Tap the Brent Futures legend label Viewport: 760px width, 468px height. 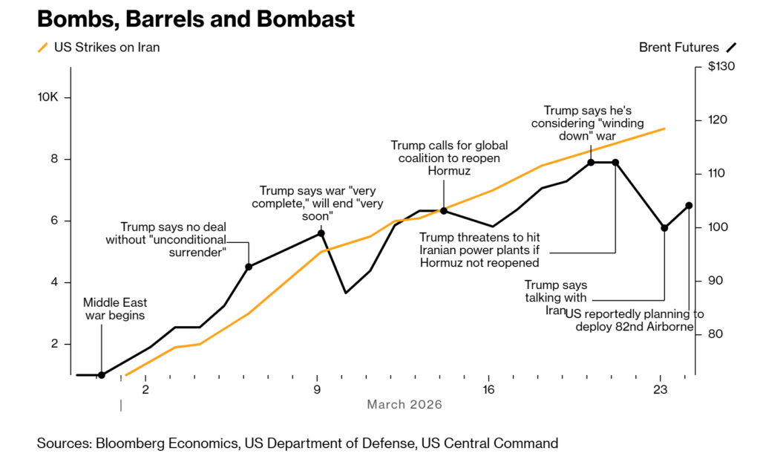(x=678, y=48)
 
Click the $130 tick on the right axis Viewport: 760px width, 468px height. (x=721, y=67)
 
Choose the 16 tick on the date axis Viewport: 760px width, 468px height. (x=488, y=389)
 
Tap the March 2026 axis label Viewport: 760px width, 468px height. (x=404, y=404)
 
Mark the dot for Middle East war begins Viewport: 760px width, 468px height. (x=102, y=375)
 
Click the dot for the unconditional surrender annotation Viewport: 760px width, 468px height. (x=249, y=267)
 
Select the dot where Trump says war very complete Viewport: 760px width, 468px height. (x=321, y=233)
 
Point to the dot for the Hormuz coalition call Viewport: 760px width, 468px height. (x=444, y=211)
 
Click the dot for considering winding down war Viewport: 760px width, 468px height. (x=591, y=162)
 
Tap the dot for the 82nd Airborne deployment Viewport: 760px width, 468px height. (x=689, y=206)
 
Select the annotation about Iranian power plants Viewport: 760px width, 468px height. (x=479, y=250)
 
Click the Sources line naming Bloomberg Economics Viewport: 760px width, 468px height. (x=297, y=443)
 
